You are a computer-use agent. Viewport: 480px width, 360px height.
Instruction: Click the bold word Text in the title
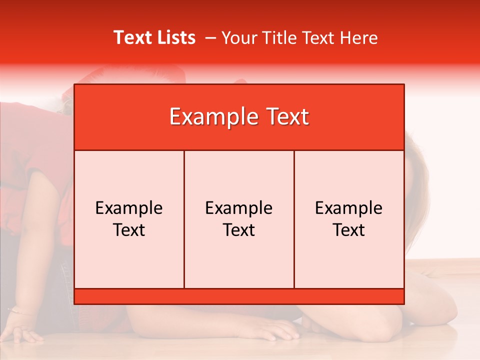(x=132, y=37)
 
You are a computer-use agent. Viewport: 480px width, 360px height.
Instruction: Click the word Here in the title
(x=358, y=37)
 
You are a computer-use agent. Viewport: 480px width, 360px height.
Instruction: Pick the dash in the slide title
(x=210, y=38)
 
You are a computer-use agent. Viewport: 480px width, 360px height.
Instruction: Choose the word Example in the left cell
(x=129, y=208)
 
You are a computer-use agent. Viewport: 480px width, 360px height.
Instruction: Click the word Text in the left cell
(x=129, y=230)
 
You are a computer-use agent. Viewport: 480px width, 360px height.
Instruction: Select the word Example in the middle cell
(x=239, y=208)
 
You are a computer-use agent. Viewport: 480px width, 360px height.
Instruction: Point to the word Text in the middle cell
(x=239, y=230)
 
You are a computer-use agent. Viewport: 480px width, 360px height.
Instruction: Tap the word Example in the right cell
(x=348, y=208)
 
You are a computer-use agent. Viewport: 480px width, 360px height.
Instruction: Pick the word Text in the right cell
(x=348, y=230)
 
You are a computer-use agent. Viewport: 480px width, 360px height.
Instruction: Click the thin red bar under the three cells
(x=239, y=296)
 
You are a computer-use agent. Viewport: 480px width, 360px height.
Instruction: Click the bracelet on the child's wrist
(x=20, y=312)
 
